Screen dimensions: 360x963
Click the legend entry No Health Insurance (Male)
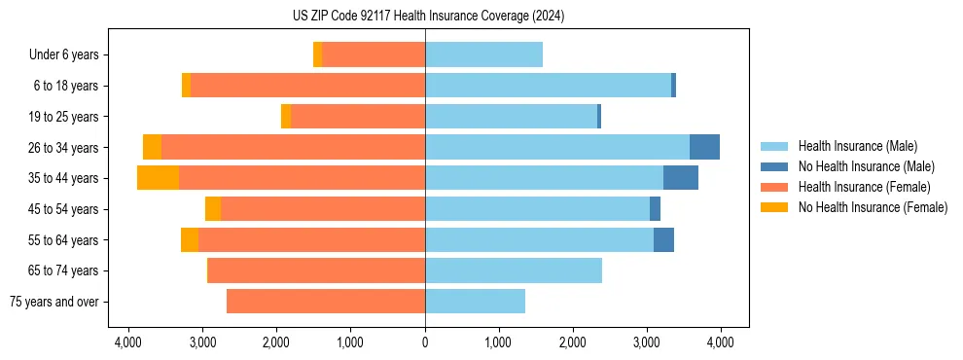pyautogui.click(x=866, y=166)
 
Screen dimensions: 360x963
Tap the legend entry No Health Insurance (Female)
pyautogui.click(x=872, y=207)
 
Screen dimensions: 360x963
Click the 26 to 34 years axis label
pyautogui.click(x=63, y=148)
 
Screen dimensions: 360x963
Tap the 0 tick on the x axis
pyautogui.click(x=425, y=342)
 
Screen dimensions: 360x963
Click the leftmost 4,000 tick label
pyautogui.click(x=128, y=342)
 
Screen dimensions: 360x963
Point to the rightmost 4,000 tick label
pyautogui.click(x=720, y=342)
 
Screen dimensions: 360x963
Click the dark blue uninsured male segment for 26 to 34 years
pyautogui.click(x=704, y=147)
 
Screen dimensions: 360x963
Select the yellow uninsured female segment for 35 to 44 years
pyautogui.click(x=158, y=178)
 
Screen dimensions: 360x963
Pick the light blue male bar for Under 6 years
pyautogui.click(x=483, y=54)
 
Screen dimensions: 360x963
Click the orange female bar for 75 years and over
pyautogui.click(x=326, y=302)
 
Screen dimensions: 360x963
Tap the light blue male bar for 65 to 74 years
pyautogui.click(x=514, y=270)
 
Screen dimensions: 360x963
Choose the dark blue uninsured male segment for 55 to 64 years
pyautogui.click(x=663, y=239)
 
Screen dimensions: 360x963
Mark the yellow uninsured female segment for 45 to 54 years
pyautogui.click(x=213, y=209)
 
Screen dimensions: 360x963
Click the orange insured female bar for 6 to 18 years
pyautogui.click(x=307, y=86)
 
